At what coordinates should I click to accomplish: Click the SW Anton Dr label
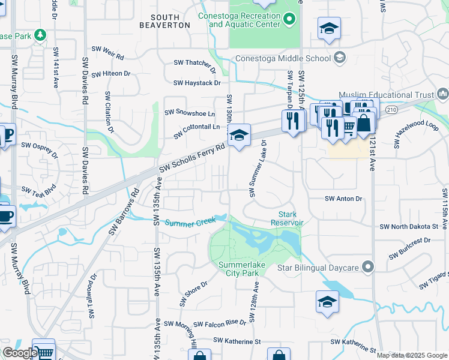click(344, 199)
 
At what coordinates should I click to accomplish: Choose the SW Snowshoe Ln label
click(190, 113)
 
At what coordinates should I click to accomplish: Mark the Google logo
click(20, 353)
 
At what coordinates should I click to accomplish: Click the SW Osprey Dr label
click(40, 149)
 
